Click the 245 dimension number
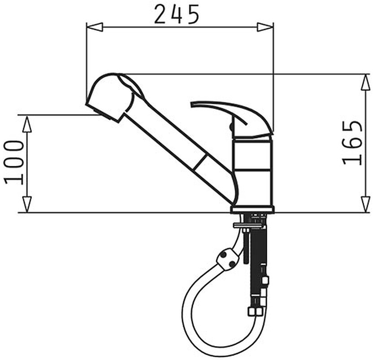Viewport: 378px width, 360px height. tap(177, 14)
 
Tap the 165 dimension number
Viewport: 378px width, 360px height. tap(352, 143)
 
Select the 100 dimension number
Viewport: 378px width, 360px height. tap(14, 162)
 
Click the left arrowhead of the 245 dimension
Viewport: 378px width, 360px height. tap(95, 27)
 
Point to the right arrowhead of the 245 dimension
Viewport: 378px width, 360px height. tap(265, 27)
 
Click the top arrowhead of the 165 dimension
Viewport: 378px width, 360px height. tap(366, 82)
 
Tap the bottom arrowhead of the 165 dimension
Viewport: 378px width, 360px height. tap(366, 204)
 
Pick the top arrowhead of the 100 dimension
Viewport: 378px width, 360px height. tap(27, 124)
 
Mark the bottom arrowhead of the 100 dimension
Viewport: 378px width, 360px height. tap(27, 204)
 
